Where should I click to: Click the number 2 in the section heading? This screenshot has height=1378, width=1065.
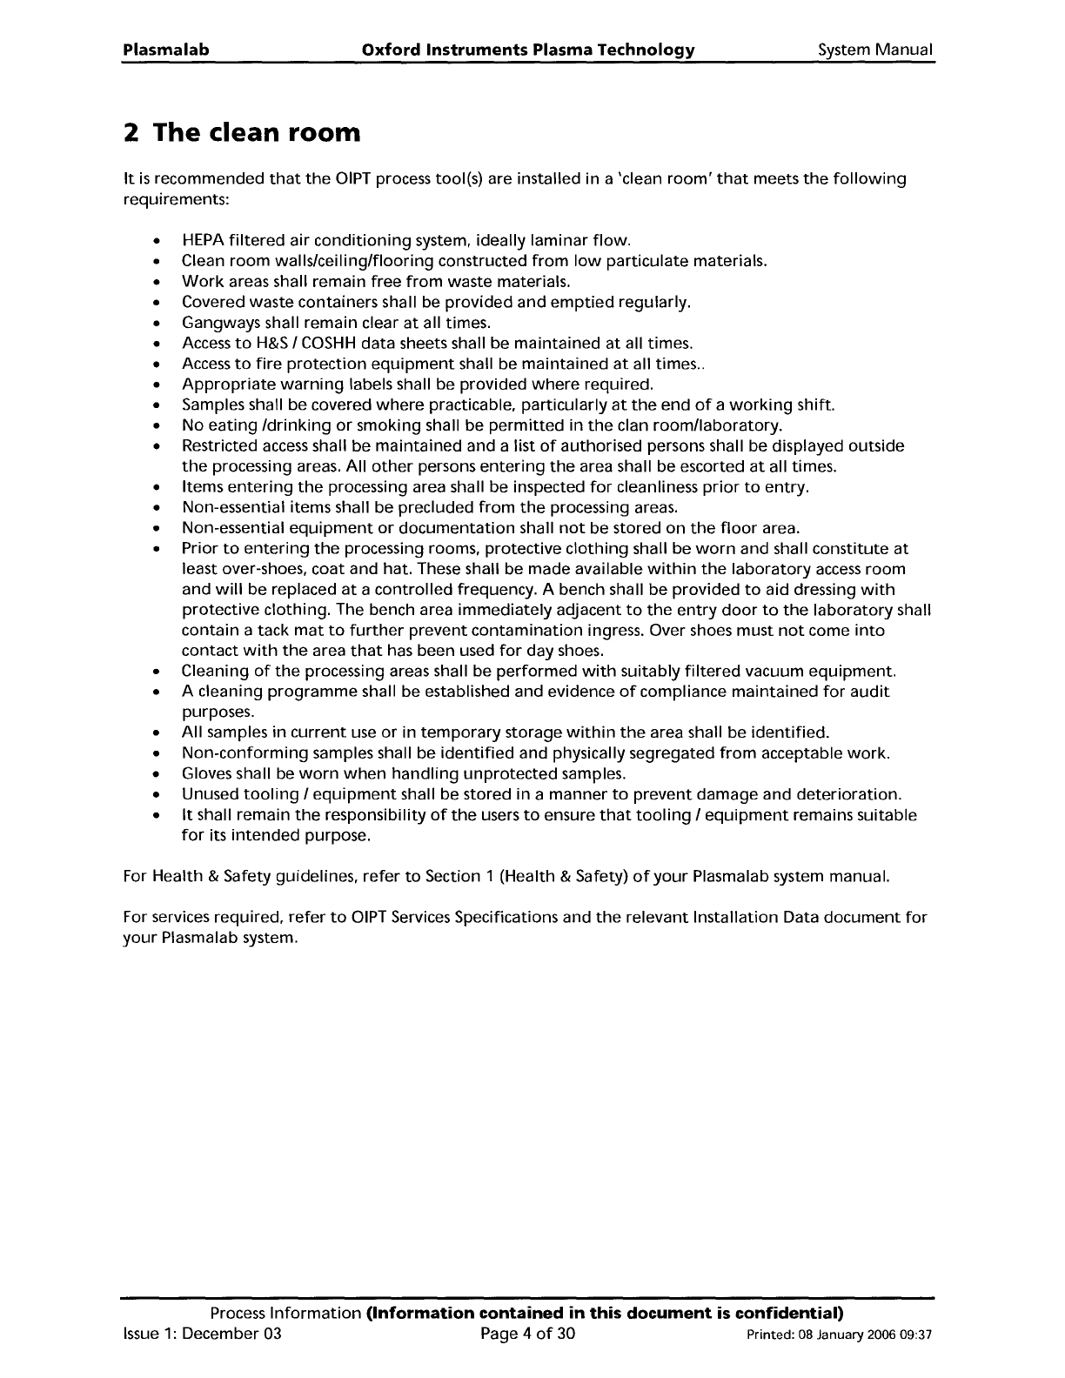131,133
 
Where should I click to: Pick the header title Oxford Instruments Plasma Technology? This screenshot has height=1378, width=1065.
527,50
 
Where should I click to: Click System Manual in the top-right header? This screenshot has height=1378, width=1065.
875,50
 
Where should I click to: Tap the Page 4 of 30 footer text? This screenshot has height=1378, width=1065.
528,1334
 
